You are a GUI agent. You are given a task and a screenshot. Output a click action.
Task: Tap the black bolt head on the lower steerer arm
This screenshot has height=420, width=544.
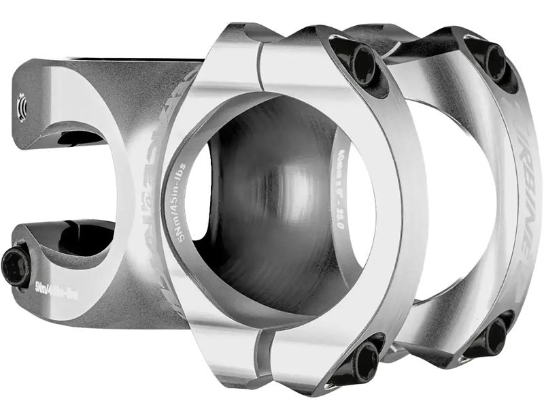pos(15,265)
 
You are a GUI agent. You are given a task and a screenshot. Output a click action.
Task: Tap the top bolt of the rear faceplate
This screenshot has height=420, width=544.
pos(494,61)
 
